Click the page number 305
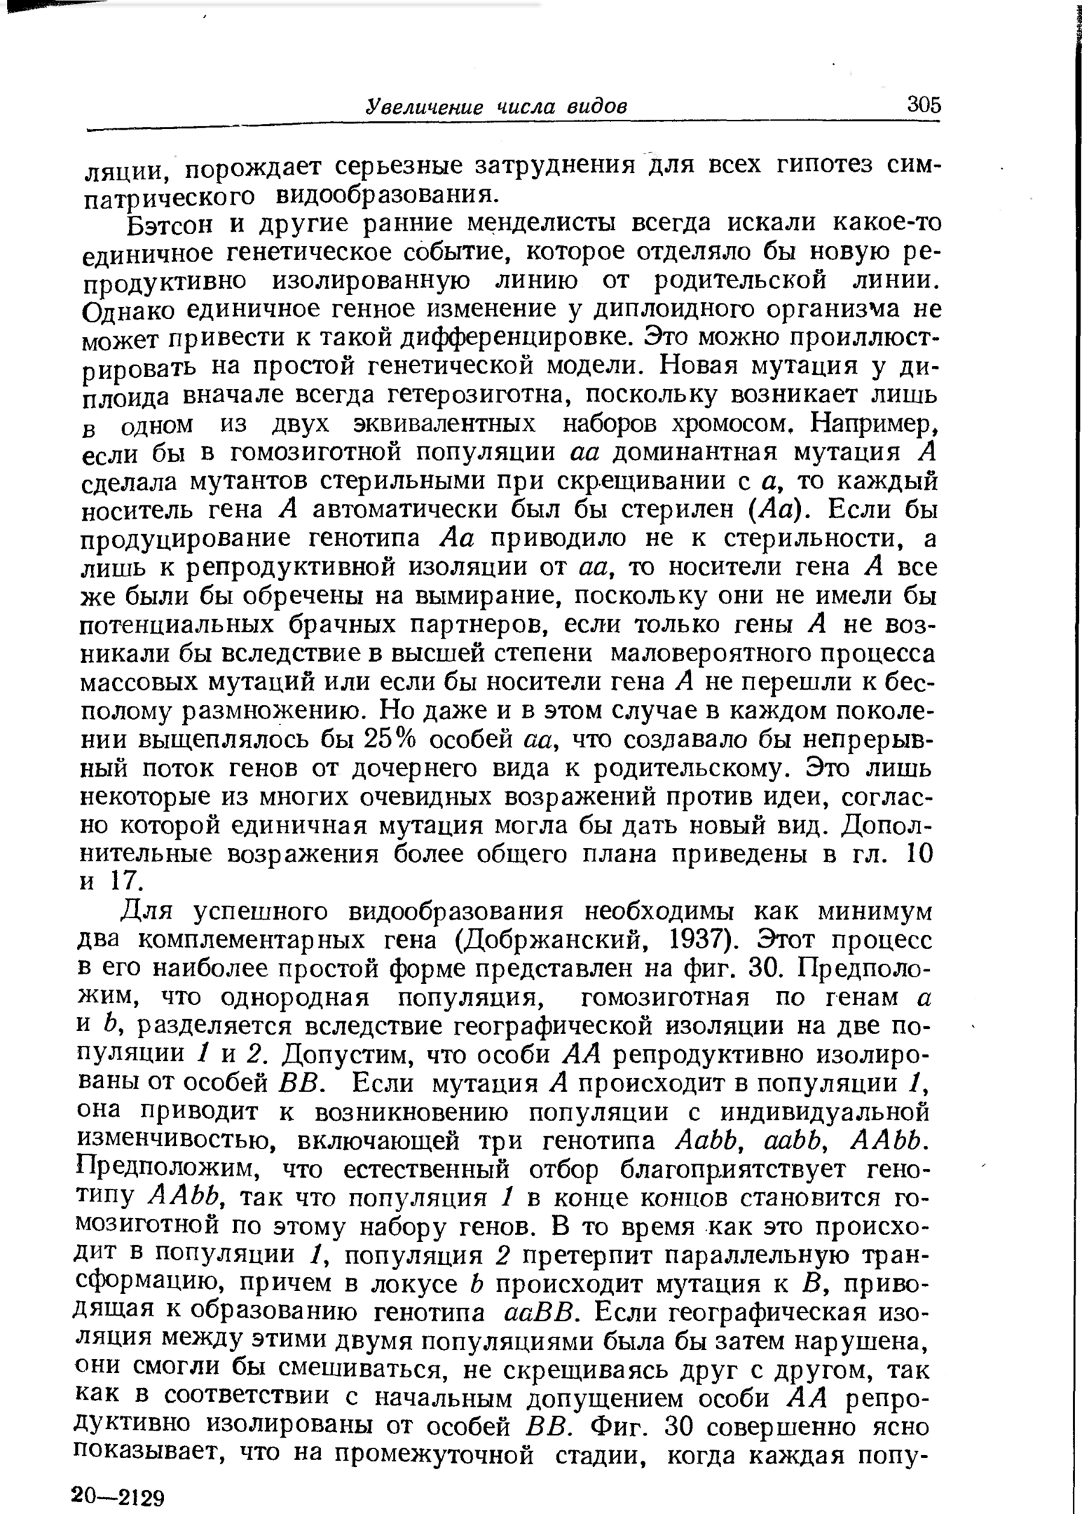[x=924, y=104]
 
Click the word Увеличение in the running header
[x=425, y=107]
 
